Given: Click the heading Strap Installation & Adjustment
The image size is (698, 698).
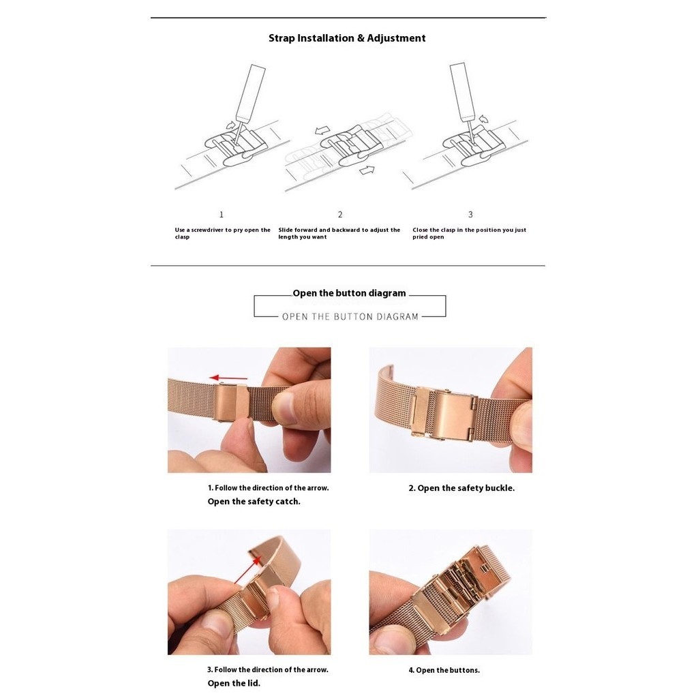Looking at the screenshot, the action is (347, 38).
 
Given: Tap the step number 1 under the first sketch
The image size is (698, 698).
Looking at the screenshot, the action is (222, 215).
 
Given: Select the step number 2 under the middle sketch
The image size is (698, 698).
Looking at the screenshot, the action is (340, 215).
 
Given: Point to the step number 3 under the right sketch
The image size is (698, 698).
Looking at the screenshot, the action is (470, 215).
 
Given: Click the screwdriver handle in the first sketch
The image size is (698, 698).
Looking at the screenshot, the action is (251, 92).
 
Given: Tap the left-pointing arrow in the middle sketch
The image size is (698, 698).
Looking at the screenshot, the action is (322, 130).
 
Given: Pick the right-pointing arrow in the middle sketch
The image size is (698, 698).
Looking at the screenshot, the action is (367, 170).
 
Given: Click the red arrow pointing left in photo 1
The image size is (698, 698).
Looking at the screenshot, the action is (228, 378).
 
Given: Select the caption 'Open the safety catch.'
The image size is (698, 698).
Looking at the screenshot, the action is (254, 502).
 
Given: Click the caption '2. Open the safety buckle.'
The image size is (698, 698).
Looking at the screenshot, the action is (461, 488).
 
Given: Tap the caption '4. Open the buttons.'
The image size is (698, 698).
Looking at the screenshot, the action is (444, 671).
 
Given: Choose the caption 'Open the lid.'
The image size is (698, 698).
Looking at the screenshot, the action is (234, 683).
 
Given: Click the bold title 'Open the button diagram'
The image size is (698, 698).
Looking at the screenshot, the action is (349, 293).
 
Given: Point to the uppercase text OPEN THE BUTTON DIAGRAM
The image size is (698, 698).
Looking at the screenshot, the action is (350, 317).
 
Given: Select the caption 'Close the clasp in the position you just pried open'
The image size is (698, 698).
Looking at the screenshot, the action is (469, 233).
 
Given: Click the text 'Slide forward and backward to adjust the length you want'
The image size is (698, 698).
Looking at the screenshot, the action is (339, 233).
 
